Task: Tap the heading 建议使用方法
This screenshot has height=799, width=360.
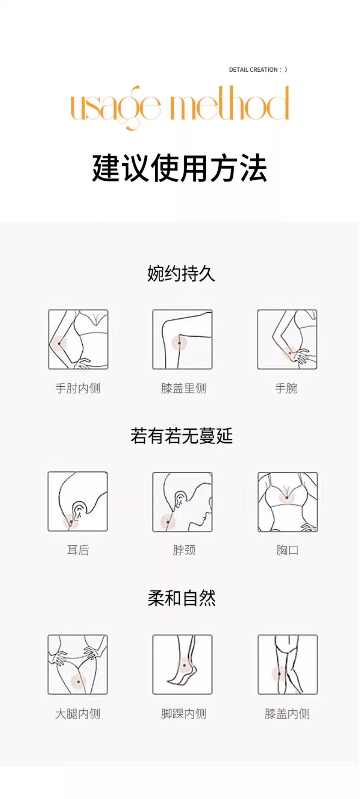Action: click(x=180, y=168)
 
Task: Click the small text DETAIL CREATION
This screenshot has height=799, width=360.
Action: click(x=255, y=70)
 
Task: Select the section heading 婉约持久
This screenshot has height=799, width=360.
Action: click(x=181, y=274)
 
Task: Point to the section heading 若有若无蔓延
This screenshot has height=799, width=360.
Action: click(x=182, y=436)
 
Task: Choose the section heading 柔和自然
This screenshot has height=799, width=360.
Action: click(x=182, y=598)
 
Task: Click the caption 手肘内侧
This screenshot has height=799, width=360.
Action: click(x=78, y=388)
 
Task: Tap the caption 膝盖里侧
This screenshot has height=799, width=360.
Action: click(x=184, y=388)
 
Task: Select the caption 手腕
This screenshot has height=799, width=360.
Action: click(x=286, y=388)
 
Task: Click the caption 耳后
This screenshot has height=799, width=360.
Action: click(x=78, y=550)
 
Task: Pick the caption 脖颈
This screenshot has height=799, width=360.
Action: click(x=184, y=550)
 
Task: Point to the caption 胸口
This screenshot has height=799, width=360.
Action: click(x=288, y=550)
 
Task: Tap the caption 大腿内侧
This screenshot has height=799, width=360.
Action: click(x=78, y=714)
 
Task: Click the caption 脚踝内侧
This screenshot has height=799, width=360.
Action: click(x=184, y=714)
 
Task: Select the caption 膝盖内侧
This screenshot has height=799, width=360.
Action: click(x=287, y=714)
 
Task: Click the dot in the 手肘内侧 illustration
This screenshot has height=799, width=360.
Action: click(x=59, y=343)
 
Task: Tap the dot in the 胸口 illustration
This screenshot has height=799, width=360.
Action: click(x=287, y=498)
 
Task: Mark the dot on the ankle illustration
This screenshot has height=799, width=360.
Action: click(x=184, y=666)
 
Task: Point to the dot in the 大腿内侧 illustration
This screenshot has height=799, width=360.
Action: click(x=78, y=682)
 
